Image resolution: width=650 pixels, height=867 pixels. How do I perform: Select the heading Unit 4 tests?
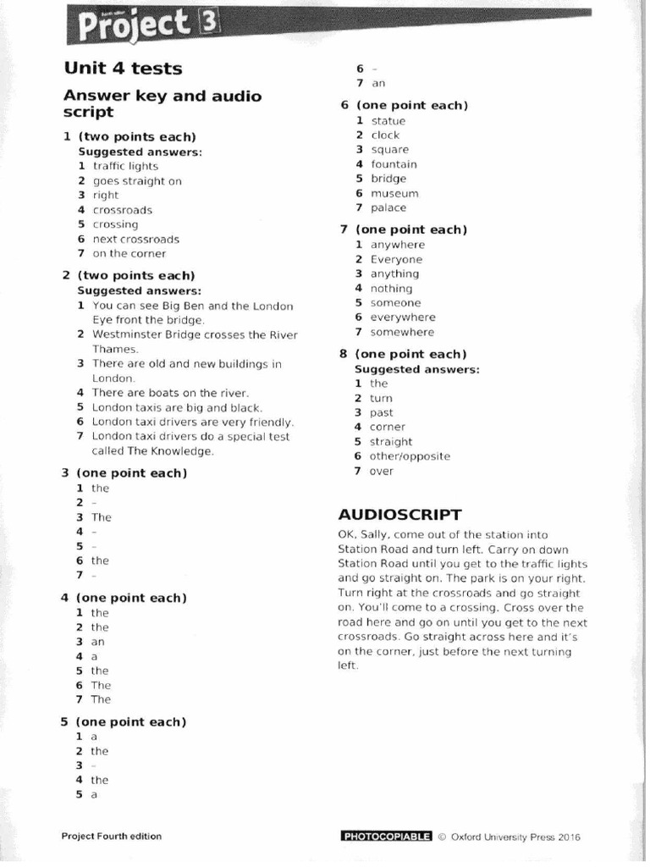(x=123, y=68)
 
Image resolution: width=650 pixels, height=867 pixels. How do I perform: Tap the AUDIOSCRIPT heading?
(x=399, y=514)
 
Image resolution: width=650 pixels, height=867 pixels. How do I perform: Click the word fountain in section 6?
(x=394, y=164)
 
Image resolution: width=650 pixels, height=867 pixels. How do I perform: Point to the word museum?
(x=394, y=193)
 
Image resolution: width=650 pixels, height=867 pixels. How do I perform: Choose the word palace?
(x=388, y=207)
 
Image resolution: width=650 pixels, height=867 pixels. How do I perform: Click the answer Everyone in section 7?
(x=396, y=259)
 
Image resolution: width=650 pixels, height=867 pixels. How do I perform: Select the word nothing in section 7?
(x=391, y=288)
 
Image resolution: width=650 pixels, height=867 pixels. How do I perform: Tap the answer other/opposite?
(x=410, y=456)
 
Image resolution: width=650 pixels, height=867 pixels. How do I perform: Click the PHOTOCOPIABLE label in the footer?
(x=386, y=837)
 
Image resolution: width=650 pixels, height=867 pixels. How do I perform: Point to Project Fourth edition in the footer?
(x=111, y=837)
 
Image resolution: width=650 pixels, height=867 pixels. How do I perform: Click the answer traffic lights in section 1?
(x=125, y=167)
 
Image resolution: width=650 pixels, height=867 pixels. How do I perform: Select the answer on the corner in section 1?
(x=129, y=253)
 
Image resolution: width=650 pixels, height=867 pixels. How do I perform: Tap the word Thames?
(x=114, y=349)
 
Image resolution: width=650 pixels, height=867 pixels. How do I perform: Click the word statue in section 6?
(x=388, y=121)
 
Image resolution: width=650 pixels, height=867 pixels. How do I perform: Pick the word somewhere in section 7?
(x=402, y=332)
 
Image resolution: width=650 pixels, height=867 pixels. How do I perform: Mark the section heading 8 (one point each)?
(x=403, y=354)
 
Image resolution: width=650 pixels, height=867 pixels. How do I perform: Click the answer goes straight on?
(x=137, y=181)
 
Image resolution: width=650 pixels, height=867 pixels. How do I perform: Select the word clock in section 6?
(x=385, y=135)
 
